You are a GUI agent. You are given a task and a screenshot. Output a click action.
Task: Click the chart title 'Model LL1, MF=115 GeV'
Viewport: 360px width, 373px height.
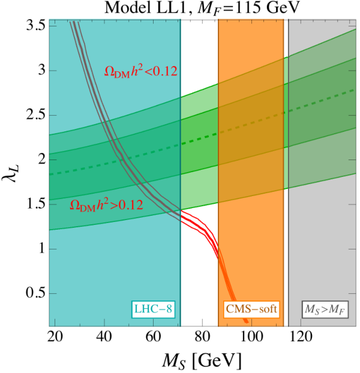click(201, 9)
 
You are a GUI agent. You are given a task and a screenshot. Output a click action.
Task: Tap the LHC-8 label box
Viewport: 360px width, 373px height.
click(153, 309)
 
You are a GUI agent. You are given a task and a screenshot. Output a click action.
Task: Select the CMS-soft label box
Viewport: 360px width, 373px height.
click(251, 309)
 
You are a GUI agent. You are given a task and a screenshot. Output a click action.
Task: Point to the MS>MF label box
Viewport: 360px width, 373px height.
click(325, 309)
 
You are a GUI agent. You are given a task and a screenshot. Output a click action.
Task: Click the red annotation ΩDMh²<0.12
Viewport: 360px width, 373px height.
click(141, 71)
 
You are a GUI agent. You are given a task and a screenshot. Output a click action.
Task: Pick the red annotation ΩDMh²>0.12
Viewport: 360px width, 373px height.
click(106, 205)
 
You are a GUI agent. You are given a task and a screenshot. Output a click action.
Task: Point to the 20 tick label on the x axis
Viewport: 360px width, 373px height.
click(55, 337)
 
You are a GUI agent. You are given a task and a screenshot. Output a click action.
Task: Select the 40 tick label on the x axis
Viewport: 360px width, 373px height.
click(104, 337)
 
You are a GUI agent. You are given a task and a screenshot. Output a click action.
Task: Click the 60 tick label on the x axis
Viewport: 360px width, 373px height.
click(153, 337)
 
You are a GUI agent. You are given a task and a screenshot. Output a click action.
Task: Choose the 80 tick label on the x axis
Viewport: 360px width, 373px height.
click(202, 337)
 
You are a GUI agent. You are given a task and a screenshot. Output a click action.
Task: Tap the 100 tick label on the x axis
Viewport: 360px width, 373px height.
click(251, 337)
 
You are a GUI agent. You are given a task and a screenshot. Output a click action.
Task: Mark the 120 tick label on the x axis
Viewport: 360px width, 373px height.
click(301, 337)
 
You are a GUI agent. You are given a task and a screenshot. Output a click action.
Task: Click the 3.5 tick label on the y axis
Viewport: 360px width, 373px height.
click(36, 25)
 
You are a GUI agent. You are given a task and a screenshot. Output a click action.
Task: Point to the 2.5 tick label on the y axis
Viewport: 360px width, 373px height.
click(36, 115)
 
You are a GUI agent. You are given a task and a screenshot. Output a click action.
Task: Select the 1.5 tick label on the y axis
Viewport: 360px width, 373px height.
click(36, 204)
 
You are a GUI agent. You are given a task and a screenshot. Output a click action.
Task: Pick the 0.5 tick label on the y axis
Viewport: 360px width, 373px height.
click(36, 294)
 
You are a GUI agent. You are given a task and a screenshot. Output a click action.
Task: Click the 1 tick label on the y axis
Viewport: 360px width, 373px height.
click(42, 249)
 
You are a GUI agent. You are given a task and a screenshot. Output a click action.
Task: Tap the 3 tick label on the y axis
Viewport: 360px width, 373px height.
click(41, 70)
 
